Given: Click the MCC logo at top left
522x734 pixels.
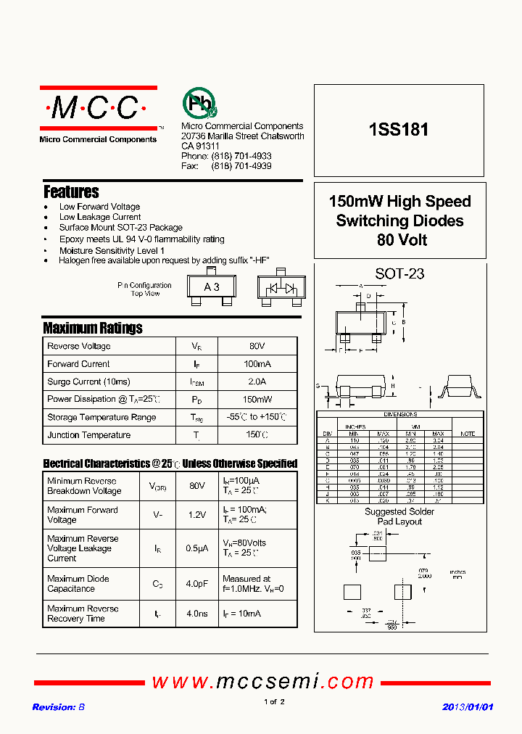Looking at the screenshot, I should [x=98, y=109].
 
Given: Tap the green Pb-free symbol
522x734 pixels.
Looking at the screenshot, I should [x=198, y=103].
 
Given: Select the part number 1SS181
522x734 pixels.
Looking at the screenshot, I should [x=399, y=130].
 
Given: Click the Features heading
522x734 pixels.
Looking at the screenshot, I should [x=71, y=192].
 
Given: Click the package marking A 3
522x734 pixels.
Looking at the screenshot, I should [x=212, y=287].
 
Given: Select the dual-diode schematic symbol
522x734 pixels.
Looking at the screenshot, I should [x=281, y=288].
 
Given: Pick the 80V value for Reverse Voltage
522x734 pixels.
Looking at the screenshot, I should [x=257, y=347].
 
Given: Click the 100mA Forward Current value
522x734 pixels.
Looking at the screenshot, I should [x=257, y=364].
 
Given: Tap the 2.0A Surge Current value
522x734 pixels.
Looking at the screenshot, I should [x=257, y=382].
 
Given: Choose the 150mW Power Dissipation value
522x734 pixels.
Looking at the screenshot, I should [x=257, y=399].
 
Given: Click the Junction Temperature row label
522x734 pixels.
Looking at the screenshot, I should [x=89, y=435].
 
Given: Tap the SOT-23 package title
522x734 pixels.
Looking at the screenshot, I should [x=399, y=274].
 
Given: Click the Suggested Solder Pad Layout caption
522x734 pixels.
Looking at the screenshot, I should [x=399, y=516].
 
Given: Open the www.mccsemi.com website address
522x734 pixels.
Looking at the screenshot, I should [x=262, y=682].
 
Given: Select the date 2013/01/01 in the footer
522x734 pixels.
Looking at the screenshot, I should [x=468, y=707].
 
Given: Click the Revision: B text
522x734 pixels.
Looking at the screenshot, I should [x=59, y=707].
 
